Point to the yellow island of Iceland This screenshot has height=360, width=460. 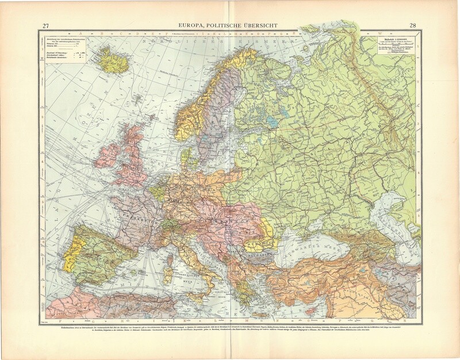pyautogui.click(x=113, y=59)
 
